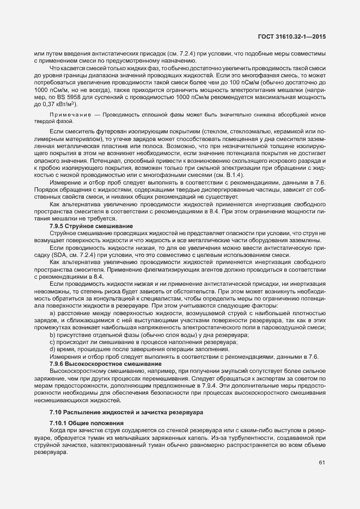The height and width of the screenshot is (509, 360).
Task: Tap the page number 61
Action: point(322,463)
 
